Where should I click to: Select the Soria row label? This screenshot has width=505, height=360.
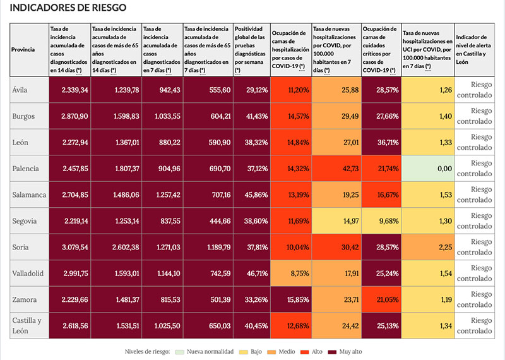(22, 247)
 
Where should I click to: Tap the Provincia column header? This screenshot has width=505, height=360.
(23, 49)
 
